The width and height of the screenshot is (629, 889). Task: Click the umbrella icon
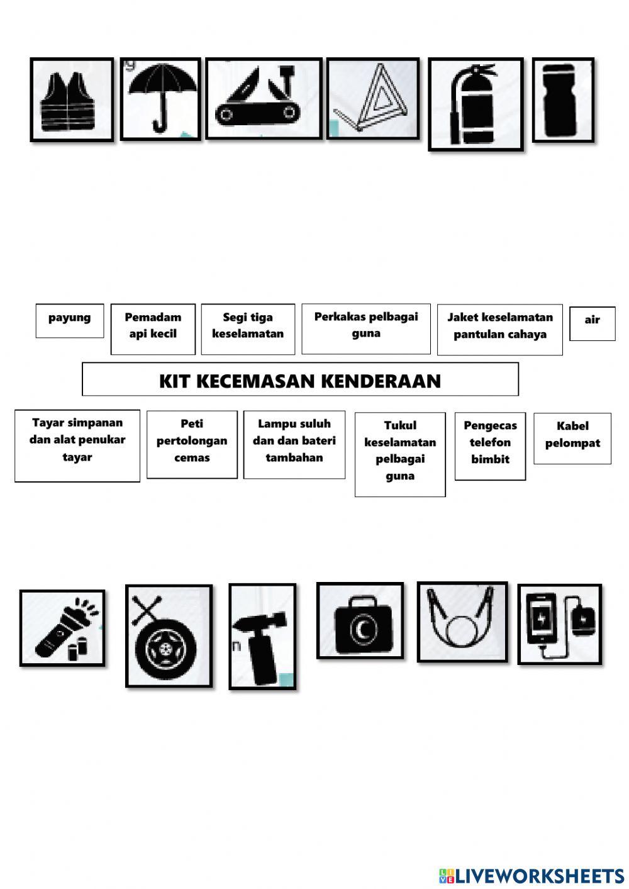coord(160,99)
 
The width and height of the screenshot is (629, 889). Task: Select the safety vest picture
coord(72,99)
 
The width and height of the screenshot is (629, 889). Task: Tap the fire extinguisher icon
coord(476,104)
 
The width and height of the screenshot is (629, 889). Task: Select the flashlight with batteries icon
coord(62,628)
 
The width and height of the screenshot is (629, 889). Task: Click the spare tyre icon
coord(169,636)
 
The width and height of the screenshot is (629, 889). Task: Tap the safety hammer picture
coord(262,636)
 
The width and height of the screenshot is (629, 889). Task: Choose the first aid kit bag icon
coord(360,620)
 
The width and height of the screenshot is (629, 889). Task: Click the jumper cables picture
coord(462,622)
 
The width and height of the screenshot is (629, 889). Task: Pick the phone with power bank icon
coord(559,624)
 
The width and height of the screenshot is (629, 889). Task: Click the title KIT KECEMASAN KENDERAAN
coord(300,379)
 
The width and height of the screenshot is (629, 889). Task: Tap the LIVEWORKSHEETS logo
coord(532,875)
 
